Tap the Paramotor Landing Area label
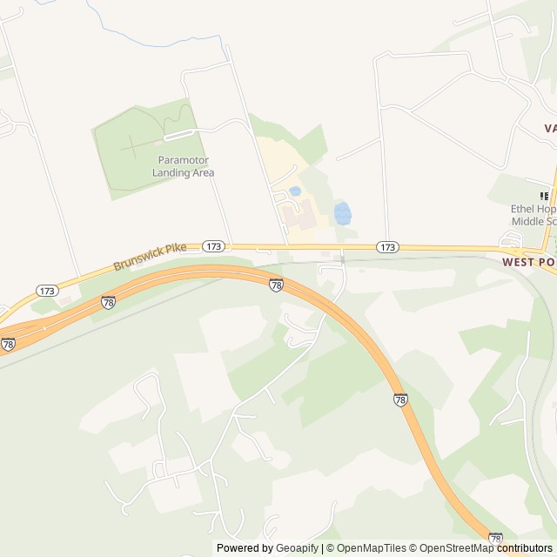[183, 166]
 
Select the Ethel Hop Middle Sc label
[533, 215]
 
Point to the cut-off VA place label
[549, 128]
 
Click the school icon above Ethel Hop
[545, 196]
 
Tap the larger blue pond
[343, 212]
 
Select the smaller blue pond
[295, 191]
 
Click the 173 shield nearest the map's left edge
[47, 290]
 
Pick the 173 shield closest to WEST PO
[388, 247]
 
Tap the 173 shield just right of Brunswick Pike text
[213, 246]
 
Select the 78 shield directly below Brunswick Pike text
[109, 302]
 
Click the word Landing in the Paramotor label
[170, 172]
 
